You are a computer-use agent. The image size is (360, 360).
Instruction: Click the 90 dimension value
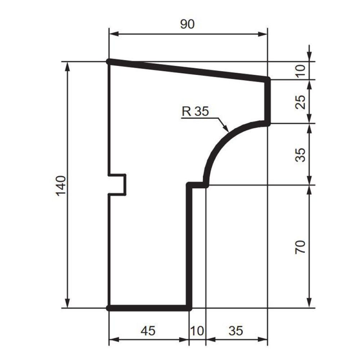pyautogui.click(x=187, y=24)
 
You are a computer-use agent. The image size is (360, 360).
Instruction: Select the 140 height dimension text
pyautogui.click(x=61, y=186)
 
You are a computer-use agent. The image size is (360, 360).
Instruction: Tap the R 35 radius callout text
pyautogui.click(x=195, y=112)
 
